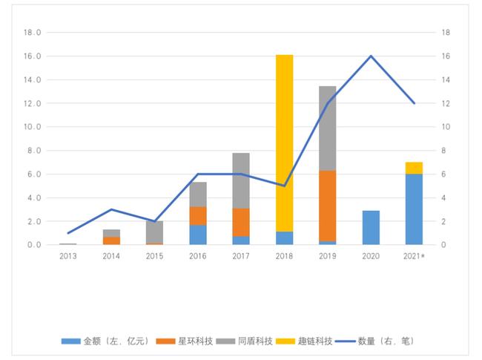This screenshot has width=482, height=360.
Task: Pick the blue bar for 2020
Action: click(x=371, y=228)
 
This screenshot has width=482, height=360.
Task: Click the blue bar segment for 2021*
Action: click(x=414, y=209)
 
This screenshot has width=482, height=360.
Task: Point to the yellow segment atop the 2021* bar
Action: click(x=414, y=168)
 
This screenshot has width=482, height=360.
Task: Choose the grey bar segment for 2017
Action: click(x=241, y=180)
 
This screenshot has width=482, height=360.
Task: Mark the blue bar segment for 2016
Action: click(x=198, y=235)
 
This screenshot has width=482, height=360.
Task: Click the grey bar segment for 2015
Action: click(x=154, y=232)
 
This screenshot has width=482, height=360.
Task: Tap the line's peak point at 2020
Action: click(x=371, y=56)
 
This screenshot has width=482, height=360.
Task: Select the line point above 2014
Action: click(x=111, y=209)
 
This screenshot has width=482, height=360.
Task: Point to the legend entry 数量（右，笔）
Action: click(x=378, y=341)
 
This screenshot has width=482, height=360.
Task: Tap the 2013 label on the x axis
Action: click(x=68, y=255)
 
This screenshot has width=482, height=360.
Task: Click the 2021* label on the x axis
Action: click(x=415, y=255)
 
